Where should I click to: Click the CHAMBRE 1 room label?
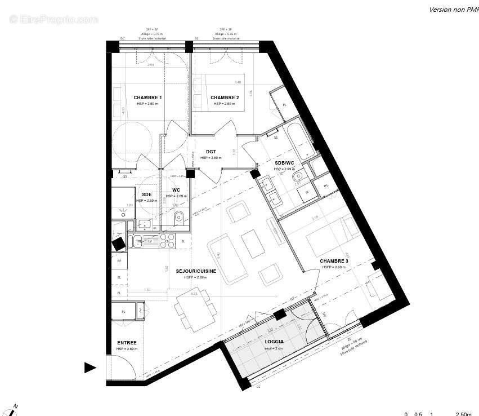147,98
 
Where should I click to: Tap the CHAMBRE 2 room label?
225,98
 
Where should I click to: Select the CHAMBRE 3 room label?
334,261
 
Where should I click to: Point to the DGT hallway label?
211,152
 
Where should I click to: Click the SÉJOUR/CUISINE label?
196,271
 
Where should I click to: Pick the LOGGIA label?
274,342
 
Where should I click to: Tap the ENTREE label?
127,343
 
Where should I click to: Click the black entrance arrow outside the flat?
90,368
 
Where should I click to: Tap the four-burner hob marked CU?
167,241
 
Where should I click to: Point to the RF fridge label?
119,261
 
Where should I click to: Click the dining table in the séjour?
194,308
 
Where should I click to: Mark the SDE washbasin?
145,224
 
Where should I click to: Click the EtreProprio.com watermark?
53,19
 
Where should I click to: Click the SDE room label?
146,194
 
